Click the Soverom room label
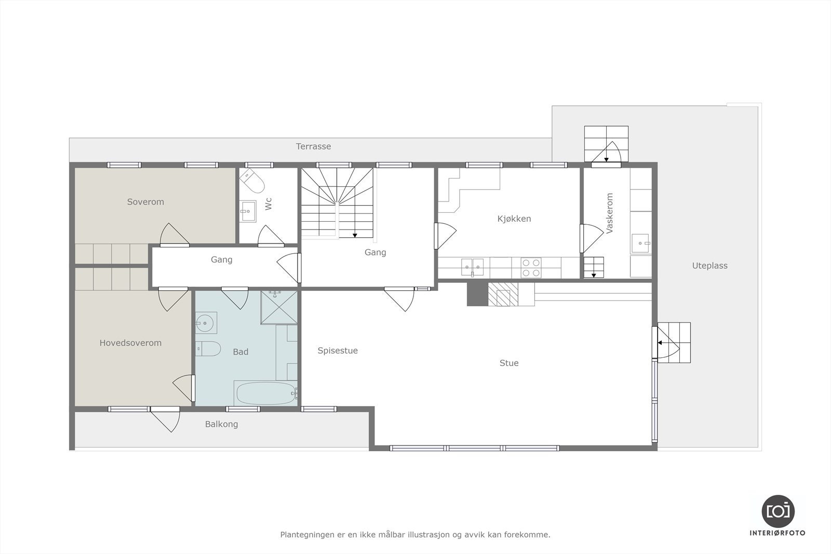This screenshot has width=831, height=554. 145,202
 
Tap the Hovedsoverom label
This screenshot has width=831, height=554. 130,343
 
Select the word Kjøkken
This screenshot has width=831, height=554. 514,219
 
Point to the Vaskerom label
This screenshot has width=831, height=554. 610,213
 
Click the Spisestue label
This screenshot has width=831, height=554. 338,350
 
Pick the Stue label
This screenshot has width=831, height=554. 509,363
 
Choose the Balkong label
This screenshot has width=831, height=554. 221,424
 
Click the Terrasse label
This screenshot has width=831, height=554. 313,146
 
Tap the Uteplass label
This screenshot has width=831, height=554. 709,266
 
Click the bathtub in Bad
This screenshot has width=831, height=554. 265,393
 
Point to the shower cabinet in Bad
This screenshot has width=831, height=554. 279,307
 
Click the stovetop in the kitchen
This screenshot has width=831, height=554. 531,268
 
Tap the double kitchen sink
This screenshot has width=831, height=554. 473,267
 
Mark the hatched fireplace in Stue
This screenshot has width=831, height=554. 503,294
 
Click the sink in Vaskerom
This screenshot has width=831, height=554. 641,243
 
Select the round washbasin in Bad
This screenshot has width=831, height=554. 206,323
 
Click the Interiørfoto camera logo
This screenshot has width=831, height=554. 778,511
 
